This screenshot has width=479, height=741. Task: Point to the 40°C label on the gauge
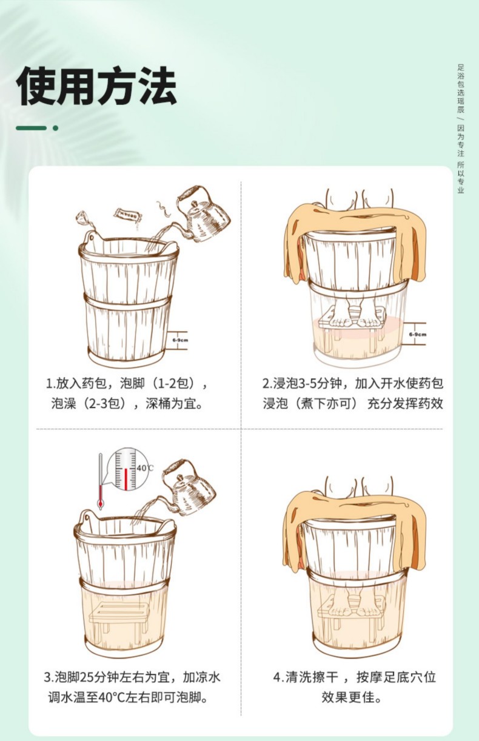coord(145,468)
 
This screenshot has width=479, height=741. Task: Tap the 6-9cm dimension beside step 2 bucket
coord(417,334)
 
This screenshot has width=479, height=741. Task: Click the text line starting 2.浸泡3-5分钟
coord(352,384)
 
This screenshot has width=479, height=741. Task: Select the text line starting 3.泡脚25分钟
coord(132,677)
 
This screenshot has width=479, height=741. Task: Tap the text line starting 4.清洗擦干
coord(353,677)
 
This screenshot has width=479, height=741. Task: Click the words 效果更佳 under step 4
coord(352,697)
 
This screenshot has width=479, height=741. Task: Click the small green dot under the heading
coord(55,128)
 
